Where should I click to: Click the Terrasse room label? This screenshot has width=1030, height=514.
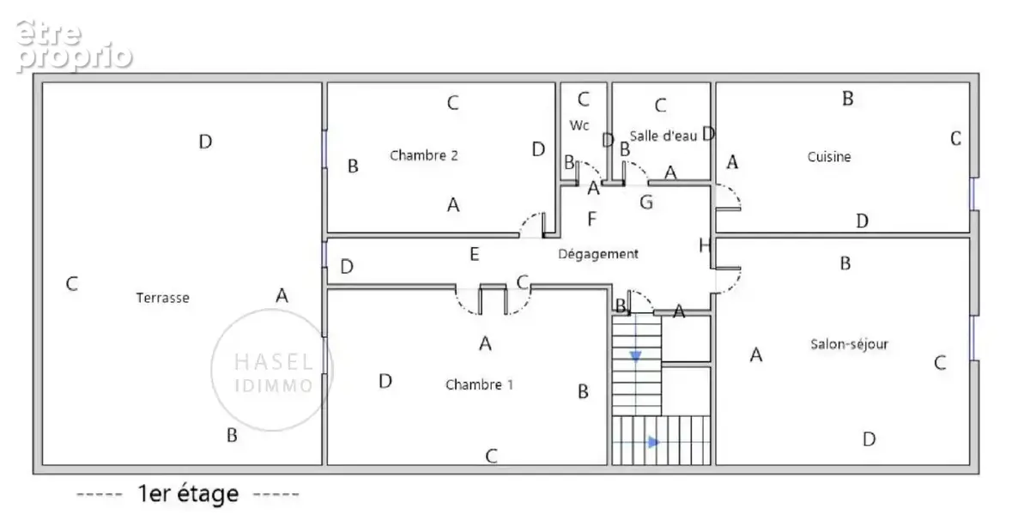tap(163, 298)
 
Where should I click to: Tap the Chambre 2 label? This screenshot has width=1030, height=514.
tap(424, 155)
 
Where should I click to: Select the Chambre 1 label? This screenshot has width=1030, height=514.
tap(480, 384)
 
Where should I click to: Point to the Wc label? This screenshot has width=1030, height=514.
tap(579, 125)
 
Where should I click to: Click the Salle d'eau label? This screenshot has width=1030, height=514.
tap(663, 136)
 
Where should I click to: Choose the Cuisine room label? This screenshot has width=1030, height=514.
tap(829, 157)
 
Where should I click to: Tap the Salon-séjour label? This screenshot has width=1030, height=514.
tap(849, 344)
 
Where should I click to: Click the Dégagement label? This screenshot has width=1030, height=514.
tap(598, 254)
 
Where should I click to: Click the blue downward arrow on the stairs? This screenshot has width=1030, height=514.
tap(635, 356)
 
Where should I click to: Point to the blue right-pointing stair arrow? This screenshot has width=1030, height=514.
tap(653, 442)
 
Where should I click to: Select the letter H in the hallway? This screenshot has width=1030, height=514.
tap(705, 245)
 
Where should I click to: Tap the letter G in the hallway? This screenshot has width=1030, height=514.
tap(646, 202)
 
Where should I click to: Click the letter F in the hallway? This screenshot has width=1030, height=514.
tap(591, 219)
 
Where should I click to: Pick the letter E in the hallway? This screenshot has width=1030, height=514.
tap(475, 254)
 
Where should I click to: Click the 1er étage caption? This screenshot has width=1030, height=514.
tap(188, 493)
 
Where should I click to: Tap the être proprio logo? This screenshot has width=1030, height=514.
tap(74, 46)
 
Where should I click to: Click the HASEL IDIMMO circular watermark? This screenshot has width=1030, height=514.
tap(272, 370)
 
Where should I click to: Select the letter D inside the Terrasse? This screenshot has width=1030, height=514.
tap(205, 142)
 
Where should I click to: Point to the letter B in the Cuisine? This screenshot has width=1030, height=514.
tap(848, 99)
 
